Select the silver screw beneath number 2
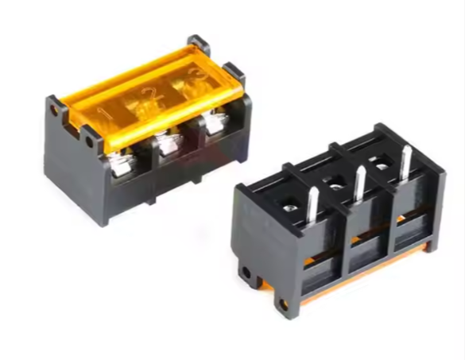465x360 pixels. pos(169,144)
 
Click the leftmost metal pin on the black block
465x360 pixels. pos(312,204)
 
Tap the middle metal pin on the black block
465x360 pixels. pos(360,184)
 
